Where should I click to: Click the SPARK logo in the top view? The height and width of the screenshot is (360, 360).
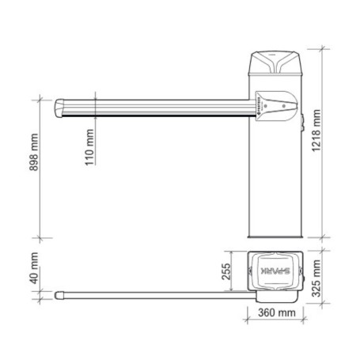click(x=275, y=270)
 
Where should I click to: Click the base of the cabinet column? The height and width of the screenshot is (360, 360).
click(x=275, y=234)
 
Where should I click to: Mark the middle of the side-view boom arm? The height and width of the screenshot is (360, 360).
click(x=158, y=107)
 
